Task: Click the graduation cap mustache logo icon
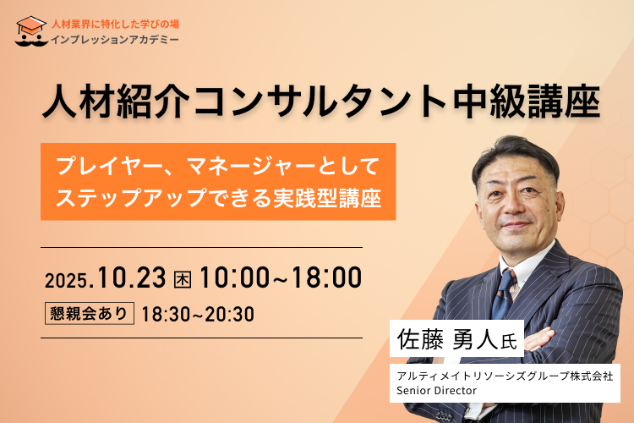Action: pyautogui.click(x=31, y=31)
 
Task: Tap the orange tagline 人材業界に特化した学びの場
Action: pyautogui.click(x=115, y=25)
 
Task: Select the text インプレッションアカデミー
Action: pyautogui.click(x=114, y=40)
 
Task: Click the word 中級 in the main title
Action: pyautogui.click(x=489, y=102)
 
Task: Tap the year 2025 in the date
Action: pyautogui.click(x=66, y=281)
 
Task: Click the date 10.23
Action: pyautogui.click(x=132, y=277)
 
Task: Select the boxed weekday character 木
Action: pyautogui.click(x=183, y=279)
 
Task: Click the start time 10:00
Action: pyautogui.click(x=234, y=277)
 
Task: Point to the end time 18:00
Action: pyautogui.click(x=326, y=277)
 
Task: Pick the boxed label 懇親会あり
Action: pyautogui.click(x=90, y=313)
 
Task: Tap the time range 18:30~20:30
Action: pyautogui.click(x=198, y=314)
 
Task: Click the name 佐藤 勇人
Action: pyautogui.click(x=447, y=338)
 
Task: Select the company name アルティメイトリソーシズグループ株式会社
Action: pyautogui.click(x=505, y=376)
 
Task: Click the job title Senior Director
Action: pyautogui.click(x=437, y=391)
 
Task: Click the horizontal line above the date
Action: pyautogui.click(x=201, y=247)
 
